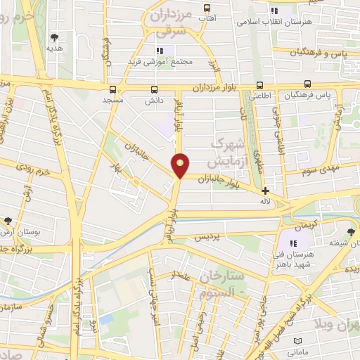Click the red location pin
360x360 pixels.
click(x=181, y=165)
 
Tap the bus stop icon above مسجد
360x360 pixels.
click(x=112, y=89)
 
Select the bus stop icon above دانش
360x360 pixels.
click(x=154, y=89)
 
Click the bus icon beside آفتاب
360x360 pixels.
click(x=206, y=8)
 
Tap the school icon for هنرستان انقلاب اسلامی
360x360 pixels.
click(x=274, y=11)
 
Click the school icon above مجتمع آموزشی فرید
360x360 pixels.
click(x=160, y=50)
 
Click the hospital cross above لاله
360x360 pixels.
click(x=265, y=191)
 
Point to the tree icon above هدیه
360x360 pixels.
click(x=54, y=37)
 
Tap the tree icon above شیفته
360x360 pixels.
click(x=352, y=231)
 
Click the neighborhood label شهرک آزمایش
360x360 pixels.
click(x=229, y=149)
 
